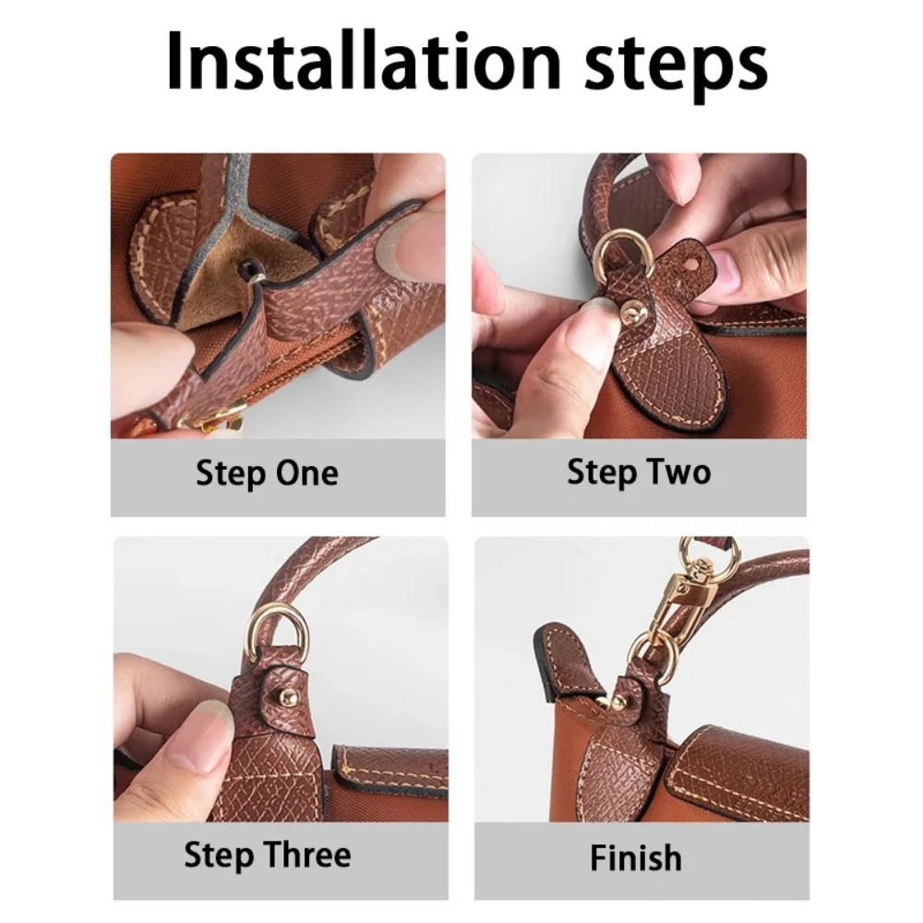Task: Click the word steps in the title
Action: [x=675, y=68]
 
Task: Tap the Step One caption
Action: [x=267, y=473]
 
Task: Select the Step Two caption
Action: [x=639, y=473]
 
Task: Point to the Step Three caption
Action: [x=268, y=856]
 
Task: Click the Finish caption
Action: [x=636, y=857]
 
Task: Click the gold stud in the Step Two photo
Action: [x=631, y=309]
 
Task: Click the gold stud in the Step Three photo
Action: [x=287, y=699]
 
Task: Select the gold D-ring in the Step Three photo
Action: [x=279, y=631]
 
